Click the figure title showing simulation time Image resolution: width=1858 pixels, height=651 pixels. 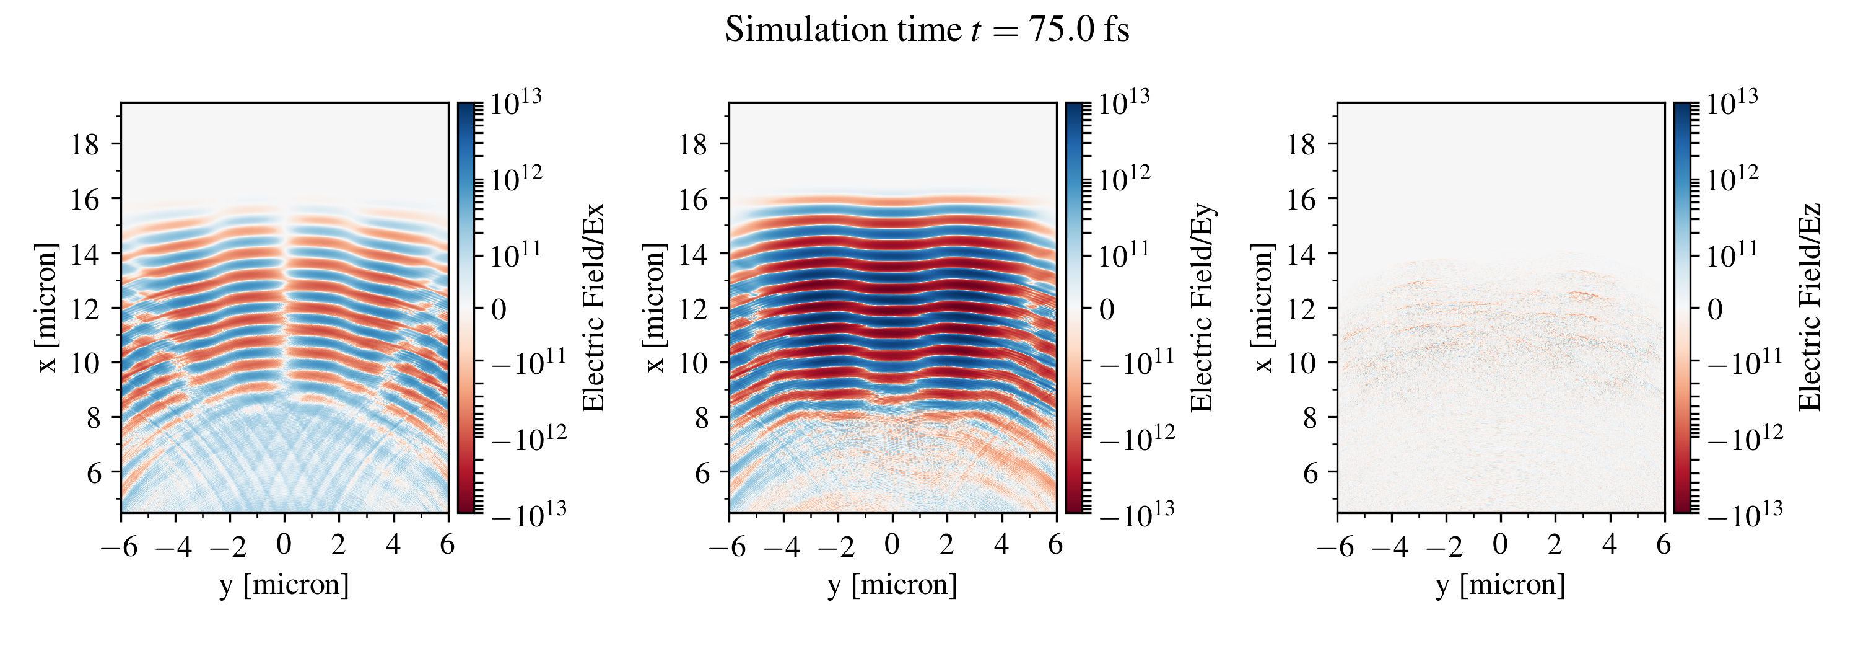[x=927, y=30]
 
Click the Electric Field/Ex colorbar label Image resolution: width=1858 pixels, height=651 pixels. [x=593, y=308]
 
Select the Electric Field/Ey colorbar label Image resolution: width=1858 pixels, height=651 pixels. [x=1202, y=308]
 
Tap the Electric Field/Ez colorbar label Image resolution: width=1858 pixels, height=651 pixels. [x=1810, y=308]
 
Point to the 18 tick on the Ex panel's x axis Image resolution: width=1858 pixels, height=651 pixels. [x=84, y=144]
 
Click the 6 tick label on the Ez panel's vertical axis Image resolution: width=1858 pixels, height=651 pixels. [x=1311, y=472]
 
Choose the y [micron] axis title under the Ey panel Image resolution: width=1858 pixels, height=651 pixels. [x=892, y=585]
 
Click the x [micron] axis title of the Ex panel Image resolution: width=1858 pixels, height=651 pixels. [x=47, y=308]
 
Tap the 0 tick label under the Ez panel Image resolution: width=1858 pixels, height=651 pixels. [x=1500, y=545]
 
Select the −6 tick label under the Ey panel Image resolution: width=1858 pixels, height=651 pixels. [x=728, y=546]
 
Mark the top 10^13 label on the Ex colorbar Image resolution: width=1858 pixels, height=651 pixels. [x=517, y=103]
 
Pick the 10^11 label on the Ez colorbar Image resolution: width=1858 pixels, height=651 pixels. [x=1732, y=254]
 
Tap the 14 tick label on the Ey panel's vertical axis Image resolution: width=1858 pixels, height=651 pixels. [x=692, y=254]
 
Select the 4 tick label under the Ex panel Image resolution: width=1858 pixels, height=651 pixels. [x=393, y=545]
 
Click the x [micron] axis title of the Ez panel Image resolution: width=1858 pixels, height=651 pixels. [x=1263, y=308]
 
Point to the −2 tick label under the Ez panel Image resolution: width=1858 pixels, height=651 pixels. [x=1444, y=546]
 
